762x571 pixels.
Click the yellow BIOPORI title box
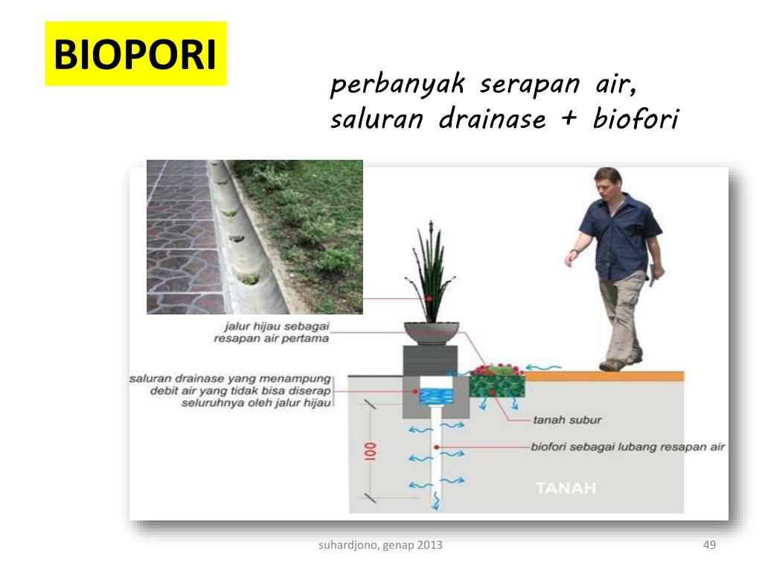point(135,54)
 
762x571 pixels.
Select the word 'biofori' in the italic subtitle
point(635,120)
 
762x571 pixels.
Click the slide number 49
point(708,546)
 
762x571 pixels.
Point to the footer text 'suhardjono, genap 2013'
point(380,546)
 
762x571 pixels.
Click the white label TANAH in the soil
point(566,488)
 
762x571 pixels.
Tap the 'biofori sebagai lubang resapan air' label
point(628,448)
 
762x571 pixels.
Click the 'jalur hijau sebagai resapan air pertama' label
point(272,332)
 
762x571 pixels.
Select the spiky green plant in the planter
point(430,275)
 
